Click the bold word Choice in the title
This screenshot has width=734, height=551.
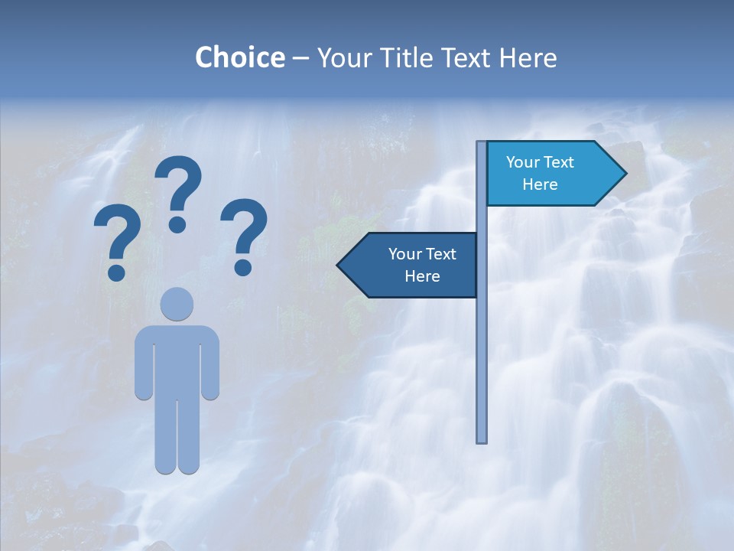239,57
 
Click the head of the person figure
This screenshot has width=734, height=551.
177,305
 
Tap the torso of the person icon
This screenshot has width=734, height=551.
177,360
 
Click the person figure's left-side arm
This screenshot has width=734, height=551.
143,364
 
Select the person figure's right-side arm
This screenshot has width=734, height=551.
211,364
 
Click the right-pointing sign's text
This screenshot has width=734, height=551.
540,173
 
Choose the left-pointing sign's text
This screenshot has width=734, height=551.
421,265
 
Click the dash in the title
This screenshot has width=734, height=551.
300,58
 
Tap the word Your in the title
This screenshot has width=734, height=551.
340,57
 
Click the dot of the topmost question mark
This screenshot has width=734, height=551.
177,224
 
